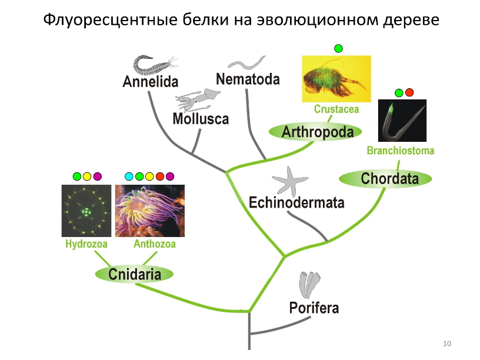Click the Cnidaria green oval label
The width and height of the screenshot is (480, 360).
pyautogui.click(x=134, y=274)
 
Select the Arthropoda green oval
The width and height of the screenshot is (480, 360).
pyautogui.click(x=315, y=132)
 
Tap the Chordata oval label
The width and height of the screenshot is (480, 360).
pyautogui.click(x=385, y=178)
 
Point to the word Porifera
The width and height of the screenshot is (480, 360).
pyautogui.click(x=314, y=308)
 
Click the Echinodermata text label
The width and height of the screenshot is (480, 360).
pyautogui.click(x=296, y=202)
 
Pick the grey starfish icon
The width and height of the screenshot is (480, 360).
pyautogui.click(x=289, y=181)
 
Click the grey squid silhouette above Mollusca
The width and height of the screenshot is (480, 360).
pyautogui.click(x=197, y=99)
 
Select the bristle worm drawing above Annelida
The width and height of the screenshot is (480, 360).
pyautogui.click(x=155, y=65)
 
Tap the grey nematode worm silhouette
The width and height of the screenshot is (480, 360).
pyautogui.click(x=246, y=62)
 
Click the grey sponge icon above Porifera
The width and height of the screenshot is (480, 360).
pyautogui.click(x=309, y=285)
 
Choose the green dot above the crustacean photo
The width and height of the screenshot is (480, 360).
pyautogui.click(x=338, y=48)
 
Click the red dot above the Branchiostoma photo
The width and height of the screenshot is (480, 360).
pyautogui.click(x=409, y=92)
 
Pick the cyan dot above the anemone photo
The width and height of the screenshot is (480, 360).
pyautogui.click(x=129, y=176)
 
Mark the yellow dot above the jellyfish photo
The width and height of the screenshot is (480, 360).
pyautogui.click(x=87, y=176)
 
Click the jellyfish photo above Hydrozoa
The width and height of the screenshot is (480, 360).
pyautogui.click(x=86, y=211)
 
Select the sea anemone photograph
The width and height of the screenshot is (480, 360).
pyautogui.click(x=150, y=211)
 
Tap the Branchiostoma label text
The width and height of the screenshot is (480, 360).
pyautogui.click(x=401, y=151)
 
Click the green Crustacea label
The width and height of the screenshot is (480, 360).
pyautogui.click(x=336, y=109)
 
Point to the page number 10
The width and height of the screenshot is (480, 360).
pyautogui.click(x=447, y=344)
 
